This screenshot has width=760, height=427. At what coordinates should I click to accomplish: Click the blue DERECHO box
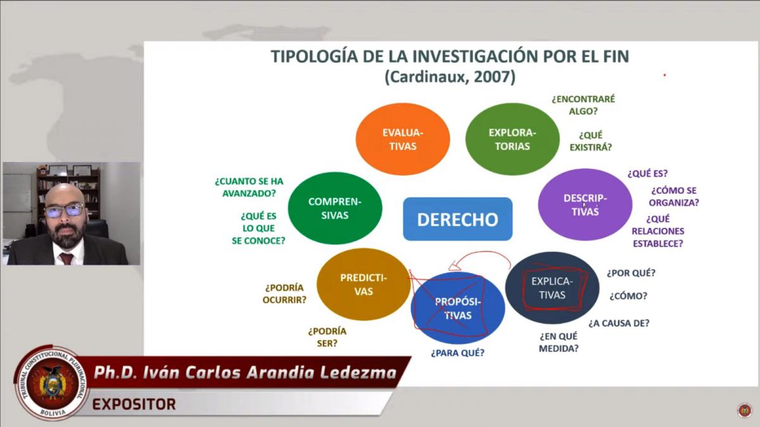coord(458,219)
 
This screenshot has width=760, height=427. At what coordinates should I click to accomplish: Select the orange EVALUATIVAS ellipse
coord(403,139)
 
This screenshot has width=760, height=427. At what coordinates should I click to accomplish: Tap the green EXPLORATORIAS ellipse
coord(512,139)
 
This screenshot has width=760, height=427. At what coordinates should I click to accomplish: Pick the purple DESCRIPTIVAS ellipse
coord(585,204)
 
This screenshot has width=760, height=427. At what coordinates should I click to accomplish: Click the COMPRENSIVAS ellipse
coord(335,208)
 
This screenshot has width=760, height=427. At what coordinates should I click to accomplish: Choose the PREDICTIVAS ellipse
coord(364,284)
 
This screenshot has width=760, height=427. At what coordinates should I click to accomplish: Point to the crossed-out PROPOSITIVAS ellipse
coord(458,308)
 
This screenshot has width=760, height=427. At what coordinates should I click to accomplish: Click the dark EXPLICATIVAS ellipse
coord(552,288)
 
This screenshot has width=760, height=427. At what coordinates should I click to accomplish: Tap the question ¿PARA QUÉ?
coord(458,353)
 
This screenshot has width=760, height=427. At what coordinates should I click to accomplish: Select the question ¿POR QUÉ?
coord(631,273)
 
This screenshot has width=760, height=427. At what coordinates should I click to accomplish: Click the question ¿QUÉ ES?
coord(647,173)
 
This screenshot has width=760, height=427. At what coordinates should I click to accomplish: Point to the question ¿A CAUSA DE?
coord(619,323)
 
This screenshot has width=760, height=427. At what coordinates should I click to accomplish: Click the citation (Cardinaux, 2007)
coord(450,77)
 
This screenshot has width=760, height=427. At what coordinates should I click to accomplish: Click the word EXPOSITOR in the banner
coord(134,404)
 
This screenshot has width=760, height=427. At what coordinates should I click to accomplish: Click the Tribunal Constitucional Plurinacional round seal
coord(51,383)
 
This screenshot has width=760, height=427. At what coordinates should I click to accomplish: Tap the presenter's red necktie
coord(66,258)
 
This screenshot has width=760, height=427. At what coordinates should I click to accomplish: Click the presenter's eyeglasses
coord(65,211)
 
